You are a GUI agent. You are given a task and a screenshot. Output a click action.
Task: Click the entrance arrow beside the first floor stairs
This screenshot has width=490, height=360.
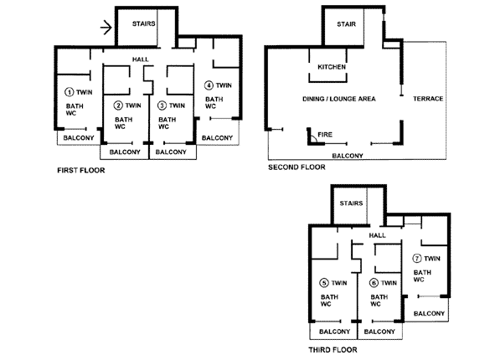[106, 28]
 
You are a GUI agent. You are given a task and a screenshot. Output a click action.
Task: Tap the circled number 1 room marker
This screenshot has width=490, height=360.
[69, 92]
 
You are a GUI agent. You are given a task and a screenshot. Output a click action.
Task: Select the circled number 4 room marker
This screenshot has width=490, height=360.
[209, 85]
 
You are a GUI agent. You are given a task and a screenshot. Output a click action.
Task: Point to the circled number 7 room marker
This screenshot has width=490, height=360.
[417, 259]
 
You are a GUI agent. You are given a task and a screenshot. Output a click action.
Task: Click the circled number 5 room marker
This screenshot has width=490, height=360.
[324, 283]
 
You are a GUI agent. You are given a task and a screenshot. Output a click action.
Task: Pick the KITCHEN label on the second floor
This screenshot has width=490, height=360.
[332, 67]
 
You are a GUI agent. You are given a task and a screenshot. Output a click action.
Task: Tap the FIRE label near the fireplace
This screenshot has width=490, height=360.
[325, 135]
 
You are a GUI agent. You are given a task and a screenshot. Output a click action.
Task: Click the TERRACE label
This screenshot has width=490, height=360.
[428, 99]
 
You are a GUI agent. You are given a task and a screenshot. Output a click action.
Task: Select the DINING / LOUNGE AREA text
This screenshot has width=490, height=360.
[339, 99]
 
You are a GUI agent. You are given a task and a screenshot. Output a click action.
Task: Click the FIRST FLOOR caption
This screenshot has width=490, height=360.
[81, 170]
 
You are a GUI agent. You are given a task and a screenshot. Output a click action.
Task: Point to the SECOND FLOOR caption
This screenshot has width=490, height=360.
[297, 167]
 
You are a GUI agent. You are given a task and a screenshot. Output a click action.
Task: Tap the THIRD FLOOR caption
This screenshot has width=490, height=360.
[333, 350]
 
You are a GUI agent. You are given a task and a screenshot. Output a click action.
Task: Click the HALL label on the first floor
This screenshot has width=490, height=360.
[141, 59]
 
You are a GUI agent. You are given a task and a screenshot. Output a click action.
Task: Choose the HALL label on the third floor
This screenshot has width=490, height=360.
[377, 235]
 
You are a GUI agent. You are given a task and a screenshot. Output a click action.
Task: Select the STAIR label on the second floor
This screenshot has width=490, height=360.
[346, 24]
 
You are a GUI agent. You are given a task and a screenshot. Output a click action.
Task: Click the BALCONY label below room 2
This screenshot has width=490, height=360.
[125, 152]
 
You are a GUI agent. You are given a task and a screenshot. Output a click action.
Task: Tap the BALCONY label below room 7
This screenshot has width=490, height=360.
[429, 313]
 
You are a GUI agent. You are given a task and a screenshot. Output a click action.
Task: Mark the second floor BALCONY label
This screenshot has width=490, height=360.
[348, 156]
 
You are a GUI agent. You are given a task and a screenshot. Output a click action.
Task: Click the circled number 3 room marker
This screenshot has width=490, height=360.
[162, 105]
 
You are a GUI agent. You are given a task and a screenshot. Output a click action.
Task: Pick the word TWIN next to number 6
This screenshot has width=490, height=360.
[389, 283]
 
